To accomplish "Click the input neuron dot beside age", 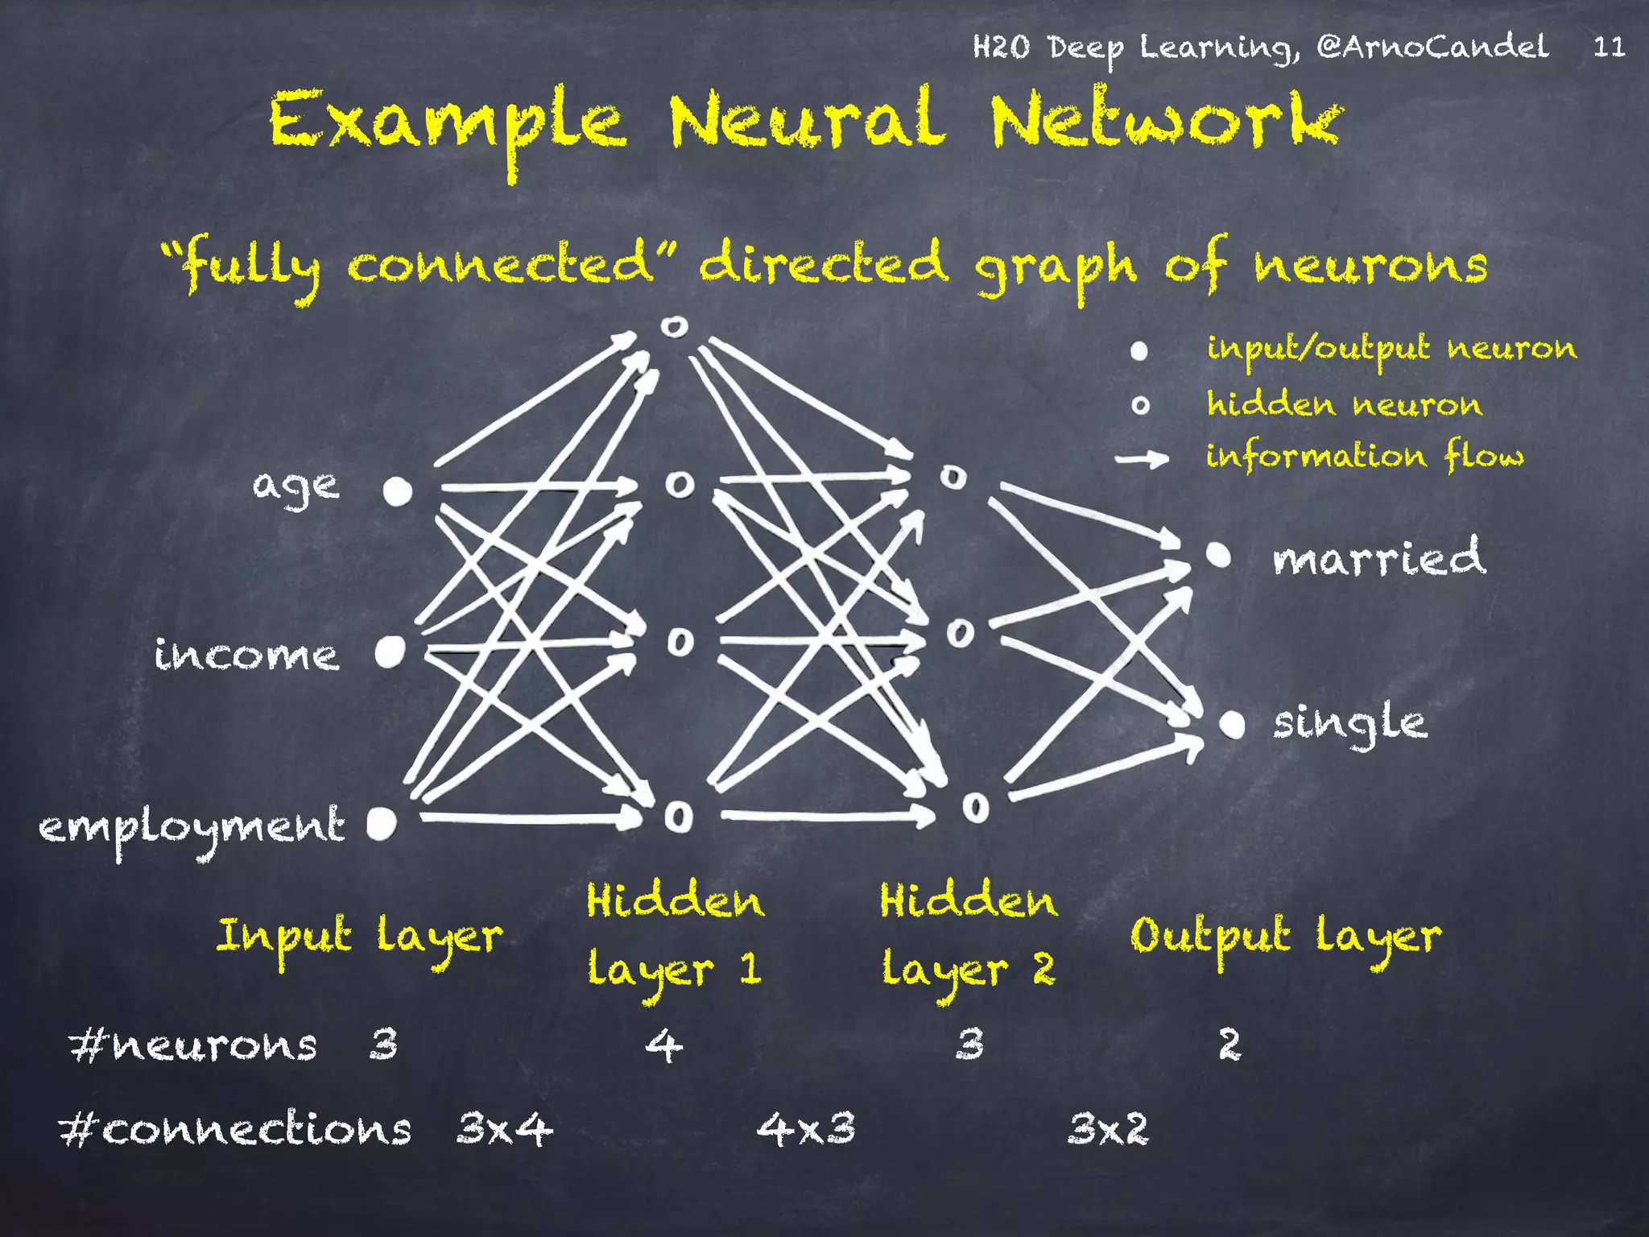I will tap(397, 490).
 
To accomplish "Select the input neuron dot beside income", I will tap(390, 652).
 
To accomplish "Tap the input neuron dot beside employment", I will tap(382, 822).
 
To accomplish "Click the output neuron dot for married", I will tap(1218, 555).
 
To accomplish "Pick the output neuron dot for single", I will tap(1232, 724).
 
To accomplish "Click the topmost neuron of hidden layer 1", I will tap(674, 326).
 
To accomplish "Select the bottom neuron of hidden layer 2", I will tap(975, 806).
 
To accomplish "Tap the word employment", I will tap(192, 827).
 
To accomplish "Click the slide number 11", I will tap(1609, 47).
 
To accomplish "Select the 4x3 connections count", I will tap(806, 1128).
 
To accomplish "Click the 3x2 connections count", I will tap(1108, 1128).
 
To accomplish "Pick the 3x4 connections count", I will tap(505, 1128).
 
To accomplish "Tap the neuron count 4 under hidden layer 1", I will tap(664, 1045).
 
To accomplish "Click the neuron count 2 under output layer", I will tap(1229, 1045).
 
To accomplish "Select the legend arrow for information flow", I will tap(1142, 459).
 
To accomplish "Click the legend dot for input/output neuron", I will tap(1139, 350).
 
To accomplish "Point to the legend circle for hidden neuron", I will tap(1140, 405).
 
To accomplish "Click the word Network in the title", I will tap(1165, 121).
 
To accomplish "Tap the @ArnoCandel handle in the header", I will tap(1432, 47).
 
